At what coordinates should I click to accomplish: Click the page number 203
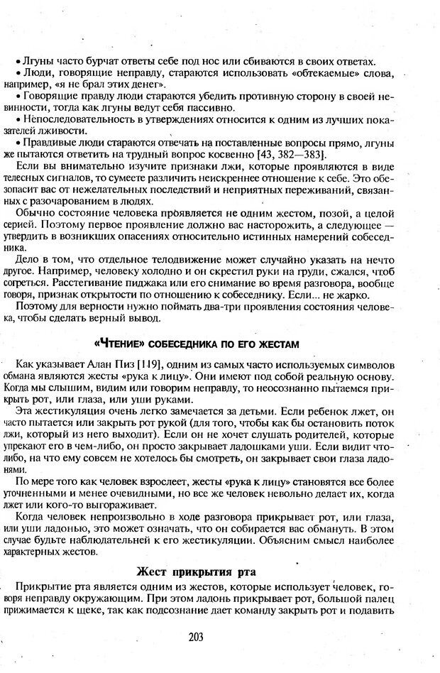(x=197, y=637)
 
